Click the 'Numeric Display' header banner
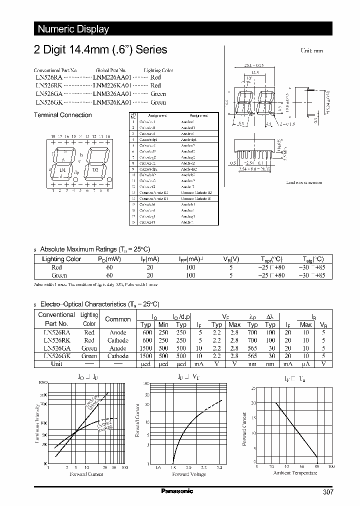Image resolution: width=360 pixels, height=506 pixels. click(x=73, y=29)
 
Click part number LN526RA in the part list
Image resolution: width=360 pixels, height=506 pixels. click(x=49, y=78)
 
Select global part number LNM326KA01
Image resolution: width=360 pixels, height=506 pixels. click(x=112, y=102)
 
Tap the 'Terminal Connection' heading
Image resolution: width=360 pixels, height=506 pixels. click(x=62, y=115)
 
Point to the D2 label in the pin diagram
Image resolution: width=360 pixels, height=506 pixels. click(x=95, y=169)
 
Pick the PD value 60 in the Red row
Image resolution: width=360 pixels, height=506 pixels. click(x=109, y=267)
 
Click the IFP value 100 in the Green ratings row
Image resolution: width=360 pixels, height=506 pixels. click(x=190, y=275)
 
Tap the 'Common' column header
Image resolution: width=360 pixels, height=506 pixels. click(x=118, y=319)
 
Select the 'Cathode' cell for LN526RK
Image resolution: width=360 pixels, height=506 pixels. click(x=118, y=340)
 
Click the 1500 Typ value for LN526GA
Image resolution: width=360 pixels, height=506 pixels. click(x=147, y=348)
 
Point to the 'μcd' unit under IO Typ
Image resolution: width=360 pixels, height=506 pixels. click(x=147, y=364)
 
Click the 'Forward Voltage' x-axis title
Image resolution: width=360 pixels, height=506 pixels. click(x=189, y=474)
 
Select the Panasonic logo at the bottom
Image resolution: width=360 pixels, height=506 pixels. click(x=177, y=491)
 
